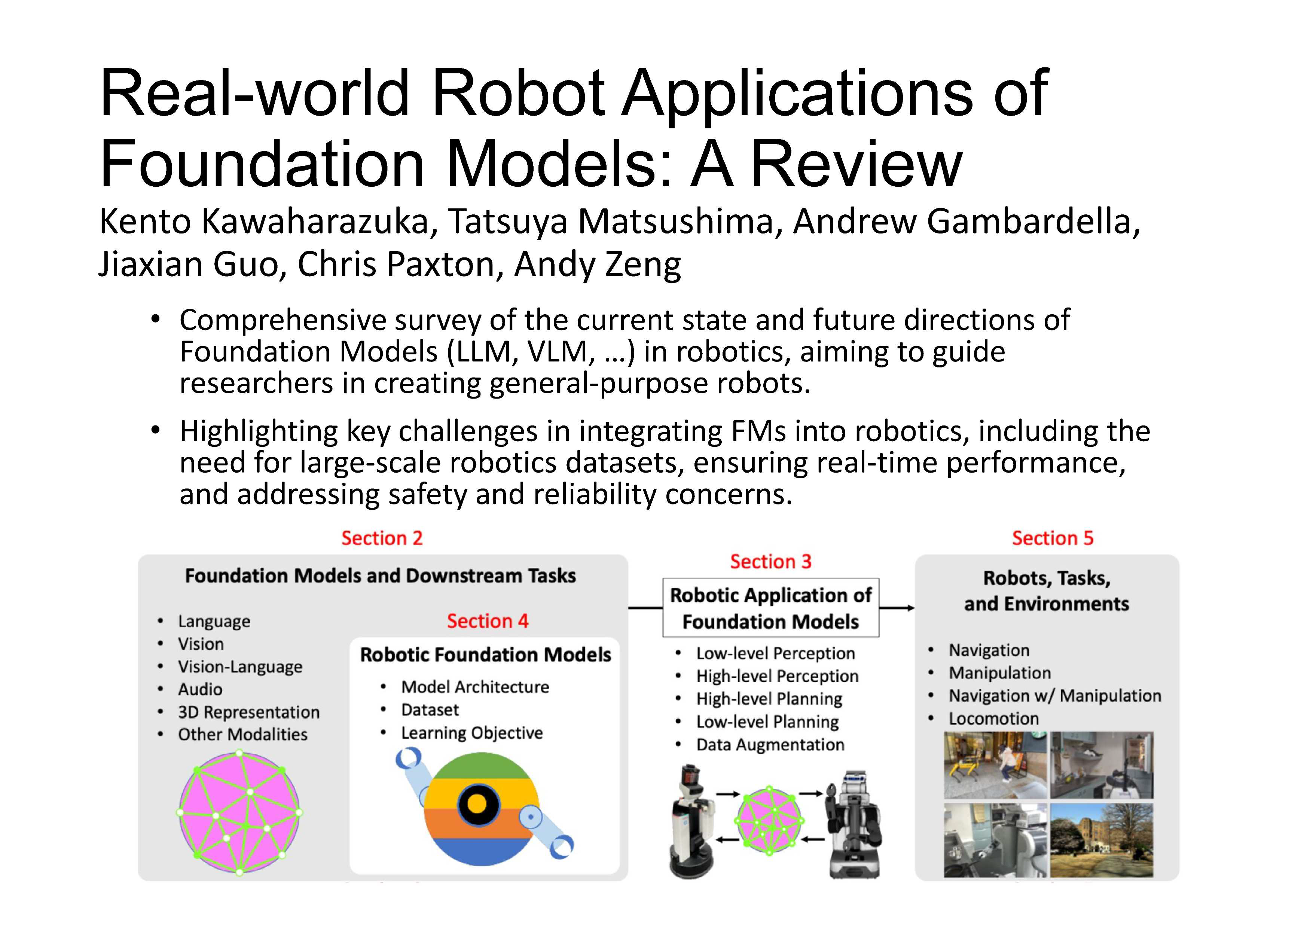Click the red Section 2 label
pyautogui.click(x=382, y=538)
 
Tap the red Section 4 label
pyautogui.click(x=488, y=621)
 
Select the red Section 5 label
pyautogui.click(x=1053, y=538)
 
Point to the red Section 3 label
pyautogui.click(x=771, y=562)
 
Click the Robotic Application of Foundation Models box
pyautogui.click(x=771, y=608)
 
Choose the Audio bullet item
pyautogui.click(x=200, y=689)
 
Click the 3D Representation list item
pyautogui.click(x=249, y=712)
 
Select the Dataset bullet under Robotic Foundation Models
pyautogui.click(x=430, y=709)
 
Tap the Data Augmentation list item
pyautogui.click(x=770, y=745)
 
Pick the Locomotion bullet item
pyautogui.click(x=994, y=719)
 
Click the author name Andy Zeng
pyautogui.click(x=598, y=264)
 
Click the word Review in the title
pyautogui.click(x=856, y=163)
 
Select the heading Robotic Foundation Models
pyautogui.click(x=486, y=655)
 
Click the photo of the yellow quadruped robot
pyautogui.click(x=995, y=765)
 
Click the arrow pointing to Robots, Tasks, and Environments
pyautogui.click(x=897, y=608)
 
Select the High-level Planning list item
pyautogui.click(x=769, y=699)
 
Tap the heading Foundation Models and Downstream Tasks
pyautogui.click(x=380, y=576)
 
